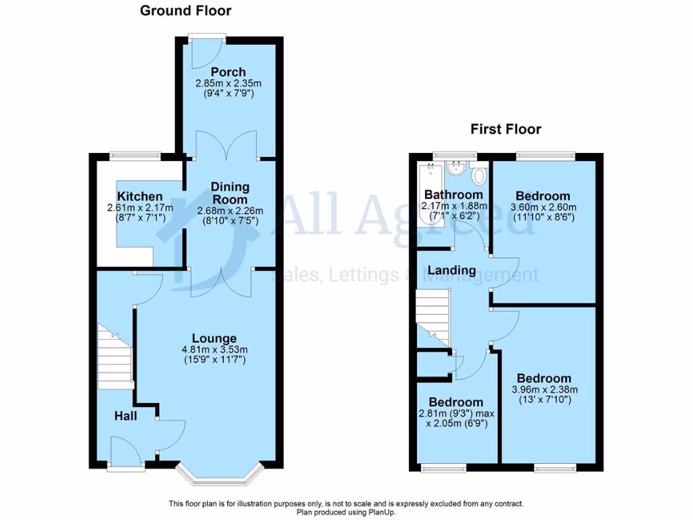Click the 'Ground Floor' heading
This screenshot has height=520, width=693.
pyautogui.click(x=185, y=11)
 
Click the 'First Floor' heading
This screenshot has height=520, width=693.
pyautogui.click(x=507, y=129)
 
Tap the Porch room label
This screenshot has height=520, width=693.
pyautogui.click(x=228, y=72)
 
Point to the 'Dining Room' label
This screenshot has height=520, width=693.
pyautogui.click(x=230, y=193)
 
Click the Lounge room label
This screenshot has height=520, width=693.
pyautogui.click(x=214, y=339)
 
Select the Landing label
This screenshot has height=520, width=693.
pyautogui.click(x=451, y=270)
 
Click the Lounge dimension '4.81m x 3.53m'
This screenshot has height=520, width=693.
pyautogui.click(x=214, y=350)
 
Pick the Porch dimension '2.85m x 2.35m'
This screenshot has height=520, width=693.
pyautogui.click(x=228, y=83)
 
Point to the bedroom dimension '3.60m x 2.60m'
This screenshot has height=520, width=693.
pyautogui.click(x=543, y=207)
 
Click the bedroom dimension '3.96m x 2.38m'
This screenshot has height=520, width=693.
pyautogui.click(x=543, y=389)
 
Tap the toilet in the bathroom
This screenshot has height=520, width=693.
pyautogui.click(x=480, y=176)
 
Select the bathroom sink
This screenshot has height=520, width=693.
pyautogui.click(x=458, y=169)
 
